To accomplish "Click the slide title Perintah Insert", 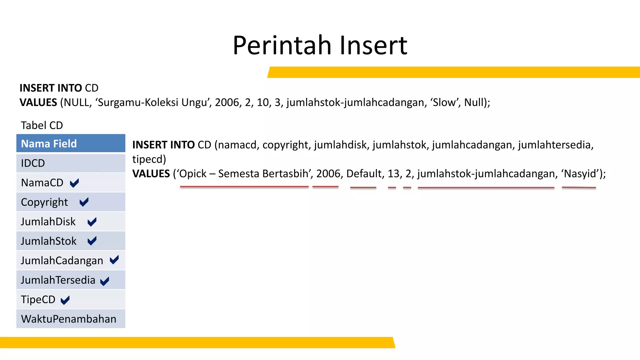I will [320, 45].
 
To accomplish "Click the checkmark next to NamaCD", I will [74, 183].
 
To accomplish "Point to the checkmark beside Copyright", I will [84, 202].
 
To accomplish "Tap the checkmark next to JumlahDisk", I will [92, 222].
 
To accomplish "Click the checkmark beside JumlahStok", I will [92, 241].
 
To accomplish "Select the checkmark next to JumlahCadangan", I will [114, 260].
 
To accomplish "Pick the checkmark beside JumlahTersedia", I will [105, 281].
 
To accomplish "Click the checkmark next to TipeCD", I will [65, 300].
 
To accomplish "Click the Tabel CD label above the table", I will [42, 125].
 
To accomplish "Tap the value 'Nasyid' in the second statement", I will [580, 173].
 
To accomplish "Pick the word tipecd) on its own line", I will [149, 159].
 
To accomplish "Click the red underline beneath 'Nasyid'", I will [579, 187].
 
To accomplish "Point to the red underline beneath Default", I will [363, 187].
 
